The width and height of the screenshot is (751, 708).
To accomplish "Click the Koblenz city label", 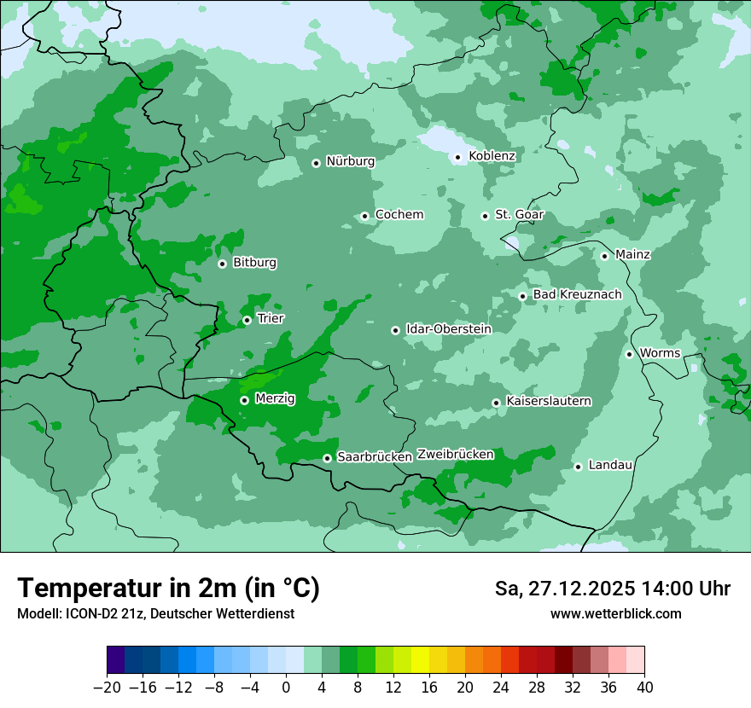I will tap(492, 156).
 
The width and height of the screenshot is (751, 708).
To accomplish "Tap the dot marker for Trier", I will tap(247, 321).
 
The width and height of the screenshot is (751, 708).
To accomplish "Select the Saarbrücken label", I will tap(375, 457).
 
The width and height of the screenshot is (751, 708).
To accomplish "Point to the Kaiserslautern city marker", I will tap(496, 403).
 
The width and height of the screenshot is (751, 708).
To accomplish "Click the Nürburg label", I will tap(350, 161).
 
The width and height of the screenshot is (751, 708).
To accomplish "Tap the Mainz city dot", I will tap(604, 256).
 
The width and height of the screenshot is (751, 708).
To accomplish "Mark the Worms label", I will tap(660, 353).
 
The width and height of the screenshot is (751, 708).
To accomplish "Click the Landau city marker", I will tap(578, 467).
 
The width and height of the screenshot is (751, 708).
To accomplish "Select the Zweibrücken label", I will tap(455, 455).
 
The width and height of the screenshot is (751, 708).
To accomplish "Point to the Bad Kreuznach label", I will tap(577, 295).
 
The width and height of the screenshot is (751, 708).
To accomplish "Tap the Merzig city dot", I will tap(244, 400).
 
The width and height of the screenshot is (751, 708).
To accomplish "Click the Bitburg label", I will tap(254, 263).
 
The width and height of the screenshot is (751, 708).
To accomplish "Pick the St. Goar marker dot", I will tap(485, 216).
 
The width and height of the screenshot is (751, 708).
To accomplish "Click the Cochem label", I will tap(399, 215).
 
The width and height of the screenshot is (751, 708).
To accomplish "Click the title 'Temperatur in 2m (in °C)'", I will tap(168, 589).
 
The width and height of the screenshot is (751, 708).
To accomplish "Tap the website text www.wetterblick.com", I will tap(615, 614).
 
